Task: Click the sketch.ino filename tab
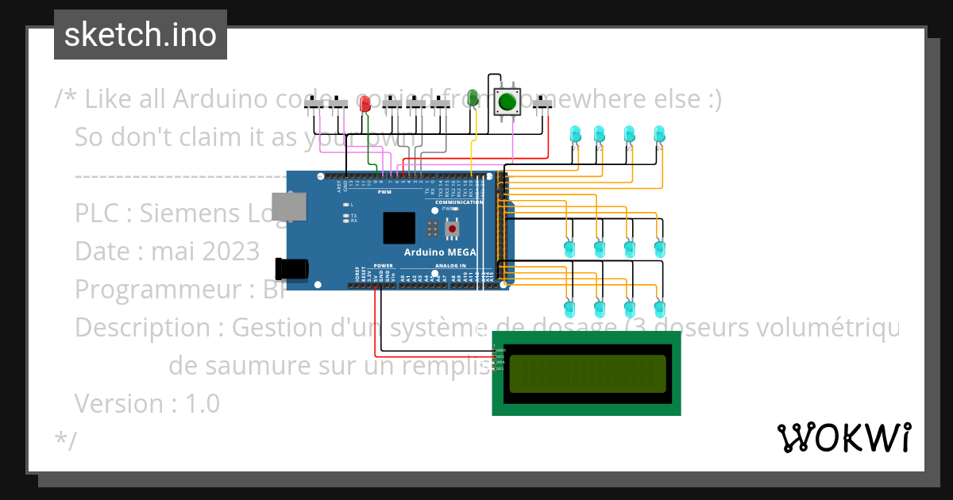[140, 35]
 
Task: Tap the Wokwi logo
[843, 437]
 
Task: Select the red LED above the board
[365, 104]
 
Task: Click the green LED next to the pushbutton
[473, 98]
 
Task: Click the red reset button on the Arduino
[453, 229]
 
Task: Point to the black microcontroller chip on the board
[399, 228]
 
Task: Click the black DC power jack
[291, 268]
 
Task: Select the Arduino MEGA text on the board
[440, 252]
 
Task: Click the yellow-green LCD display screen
[587, 374]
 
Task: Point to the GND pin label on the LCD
[500, 350]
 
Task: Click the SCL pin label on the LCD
[500, 368]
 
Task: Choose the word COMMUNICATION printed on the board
[459, 202]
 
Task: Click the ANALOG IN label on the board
[449, 265]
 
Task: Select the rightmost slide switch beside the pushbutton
[542, 104]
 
